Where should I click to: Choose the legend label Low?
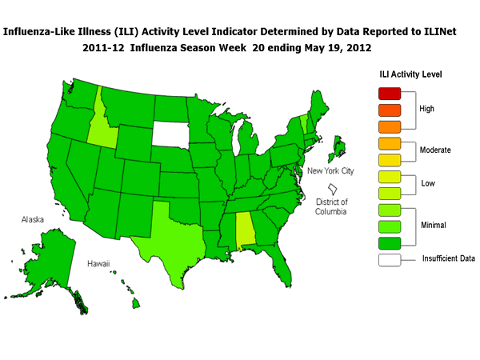428,184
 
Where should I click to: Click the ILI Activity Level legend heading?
411,74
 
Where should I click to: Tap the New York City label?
330,171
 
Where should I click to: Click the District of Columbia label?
331,206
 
